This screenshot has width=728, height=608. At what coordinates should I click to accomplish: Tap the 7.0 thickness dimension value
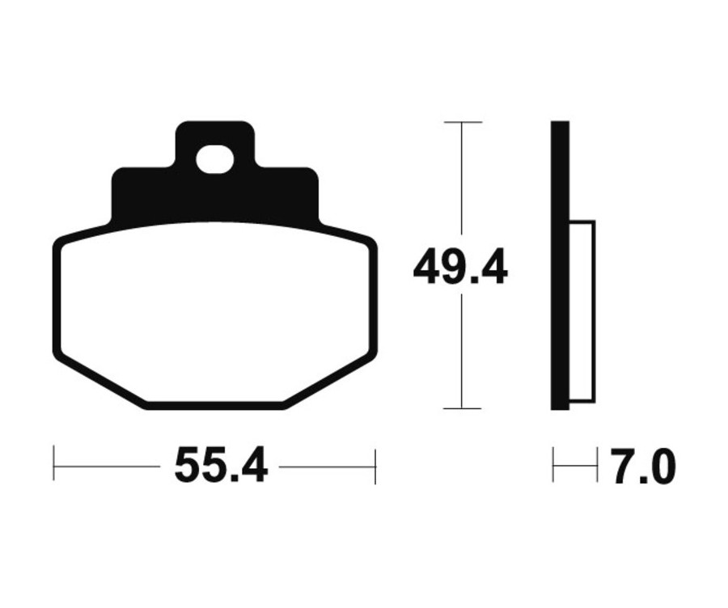coord(643,467)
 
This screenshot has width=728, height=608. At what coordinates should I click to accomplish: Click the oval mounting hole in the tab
coord(214,159)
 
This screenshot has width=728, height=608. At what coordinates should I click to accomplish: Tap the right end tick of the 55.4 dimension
coord(375,466)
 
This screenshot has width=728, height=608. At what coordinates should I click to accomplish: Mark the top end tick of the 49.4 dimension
coord(462,122)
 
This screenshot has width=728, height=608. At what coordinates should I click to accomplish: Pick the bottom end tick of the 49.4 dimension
coord(462,409)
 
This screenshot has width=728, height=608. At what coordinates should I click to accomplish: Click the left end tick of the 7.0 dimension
coord(553,466)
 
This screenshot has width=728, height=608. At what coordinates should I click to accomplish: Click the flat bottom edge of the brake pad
coord(215,405)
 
